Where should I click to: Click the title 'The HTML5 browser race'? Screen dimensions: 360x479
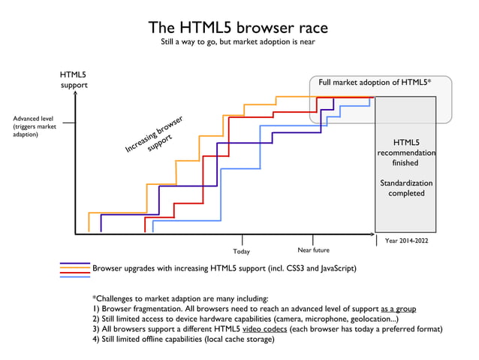pyautogui.click(x=238, y=28)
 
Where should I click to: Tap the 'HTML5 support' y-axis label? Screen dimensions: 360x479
pyautogui.click(x=73, y=80)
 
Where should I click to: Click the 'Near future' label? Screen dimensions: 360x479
pyautogui.click(x=313, y=250)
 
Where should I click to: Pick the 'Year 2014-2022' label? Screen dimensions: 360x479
pyautogui.click(x=405, y=241)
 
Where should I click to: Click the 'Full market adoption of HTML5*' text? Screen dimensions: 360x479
pyautogui.click(x=375, y=83)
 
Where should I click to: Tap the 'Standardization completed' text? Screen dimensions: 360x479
pyautogui.click(x=405, y=188)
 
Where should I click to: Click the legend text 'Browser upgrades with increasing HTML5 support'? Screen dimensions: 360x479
pyautogui.click(x=223, y=268)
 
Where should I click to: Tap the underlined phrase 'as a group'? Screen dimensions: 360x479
pyautogui.click(x=398, y=309)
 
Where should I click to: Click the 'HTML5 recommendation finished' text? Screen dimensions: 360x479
pyautogui.click(x=405, y=153)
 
